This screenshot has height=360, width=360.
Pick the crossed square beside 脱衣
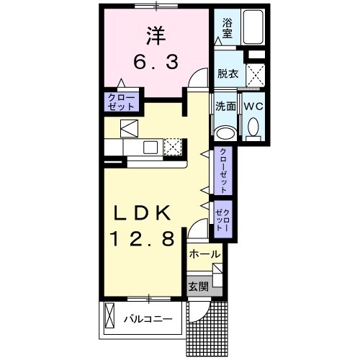(254, 74)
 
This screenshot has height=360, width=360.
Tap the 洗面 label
(226, 106)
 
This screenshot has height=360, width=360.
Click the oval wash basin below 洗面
(225, 132)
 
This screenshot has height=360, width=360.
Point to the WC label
(253, 106)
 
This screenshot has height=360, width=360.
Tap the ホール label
(204, 255)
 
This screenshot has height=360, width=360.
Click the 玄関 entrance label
(198, 286)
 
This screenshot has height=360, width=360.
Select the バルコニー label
(147, 318)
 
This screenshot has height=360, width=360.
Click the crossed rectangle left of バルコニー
(111, 316)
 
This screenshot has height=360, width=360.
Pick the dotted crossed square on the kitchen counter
(174, 148)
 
